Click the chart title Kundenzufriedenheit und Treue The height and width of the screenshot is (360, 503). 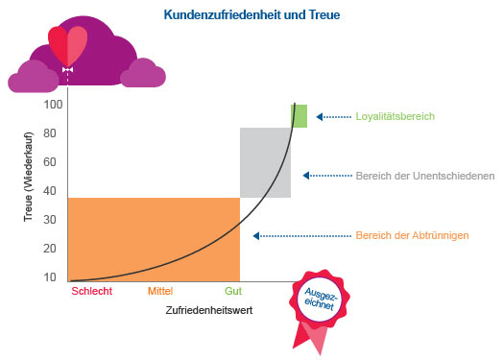pos(251,15)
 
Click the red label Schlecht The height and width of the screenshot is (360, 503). pos(92,291)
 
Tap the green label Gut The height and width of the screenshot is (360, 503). pos(232,291)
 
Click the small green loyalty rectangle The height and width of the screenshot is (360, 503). pos(300,115)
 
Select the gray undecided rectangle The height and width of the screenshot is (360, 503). pos(265,162)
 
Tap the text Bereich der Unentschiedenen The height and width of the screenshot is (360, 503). pos(423,176)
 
